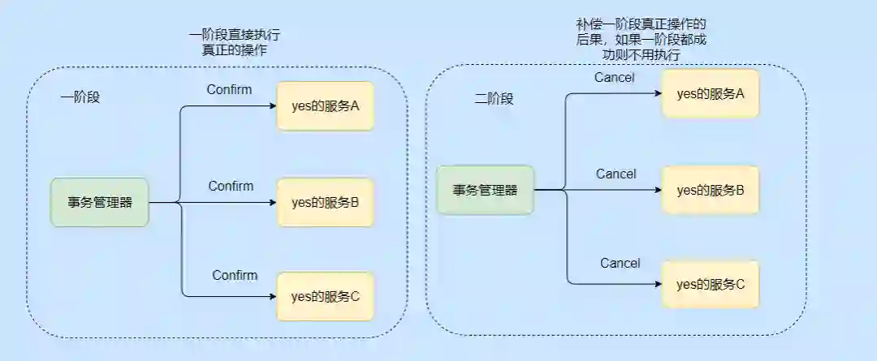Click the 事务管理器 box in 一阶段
click(100, 202)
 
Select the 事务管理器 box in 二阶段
click(485, 190)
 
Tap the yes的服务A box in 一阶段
click(325, 105)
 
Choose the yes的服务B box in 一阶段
click(325, 202)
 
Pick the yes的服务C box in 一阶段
click(325, 296)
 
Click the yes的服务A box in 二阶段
click(711, 93)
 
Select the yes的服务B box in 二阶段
click(711, 191)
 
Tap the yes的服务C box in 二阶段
click(711, 284)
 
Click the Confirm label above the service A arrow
click(229, 89)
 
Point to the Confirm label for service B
click(231, 186)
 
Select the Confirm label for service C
click(235, 275)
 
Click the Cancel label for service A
click(614, 78)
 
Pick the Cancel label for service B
click(616, 174)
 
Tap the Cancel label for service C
click(620, 263)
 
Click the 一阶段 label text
click(80, 97)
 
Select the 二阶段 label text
click(494, 98)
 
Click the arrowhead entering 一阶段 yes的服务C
click(272, 296)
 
